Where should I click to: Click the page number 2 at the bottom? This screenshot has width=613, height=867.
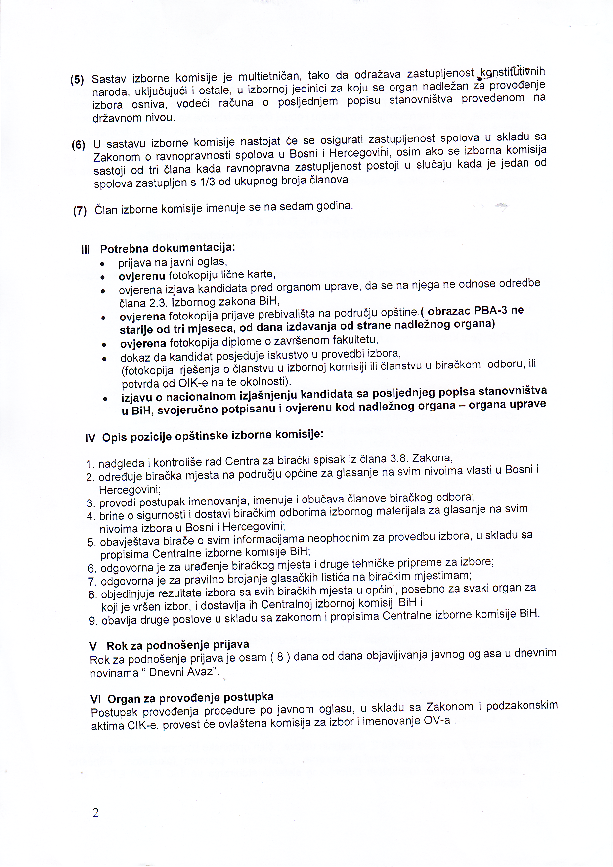[x=95, y=813]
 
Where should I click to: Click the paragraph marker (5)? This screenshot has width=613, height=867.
[x=77, y=80]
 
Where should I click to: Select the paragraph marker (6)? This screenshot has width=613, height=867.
[x=78, y=145]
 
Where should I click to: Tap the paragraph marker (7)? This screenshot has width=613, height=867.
[x=80, y=211]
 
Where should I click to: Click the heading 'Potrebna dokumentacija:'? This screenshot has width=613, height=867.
[x=168, y=247]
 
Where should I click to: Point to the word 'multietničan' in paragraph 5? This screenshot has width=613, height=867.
[x=269, y=76]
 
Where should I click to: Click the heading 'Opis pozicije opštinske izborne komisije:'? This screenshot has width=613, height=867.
[x=213, y=436]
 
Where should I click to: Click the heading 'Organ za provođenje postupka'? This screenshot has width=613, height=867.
[x=190, y=698]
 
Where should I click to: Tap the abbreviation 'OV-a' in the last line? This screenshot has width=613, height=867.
[x=437, y=720]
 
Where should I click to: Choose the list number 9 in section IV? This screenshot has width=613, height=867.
[x=92, y=621]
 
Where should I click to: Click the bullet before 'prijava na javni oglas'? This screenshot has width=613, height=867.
[x=102, y=263]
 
